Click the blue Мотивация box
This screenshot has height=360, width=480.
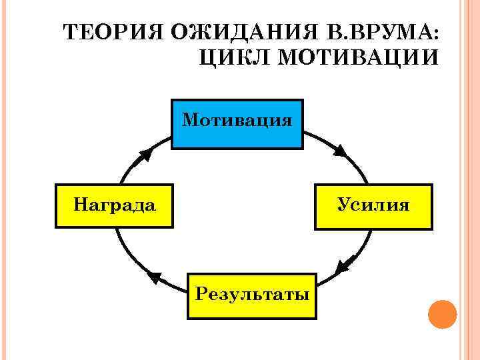(x=237, y=124)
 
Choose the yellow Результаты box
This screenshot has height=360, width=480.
(x=252, y=295)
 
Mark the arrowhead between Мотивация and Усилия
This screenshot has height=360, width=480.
(x=340, y=151)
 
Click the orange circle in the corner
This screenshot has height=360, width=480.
(x=441, y=313)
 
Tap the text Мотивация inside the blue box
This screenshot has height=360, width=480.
(x=237, y=120)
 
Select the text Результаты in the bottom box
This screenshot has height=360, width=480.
(x=252, y=293)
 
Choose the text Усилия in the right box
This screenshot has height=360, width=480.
(x=373, y=203)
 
